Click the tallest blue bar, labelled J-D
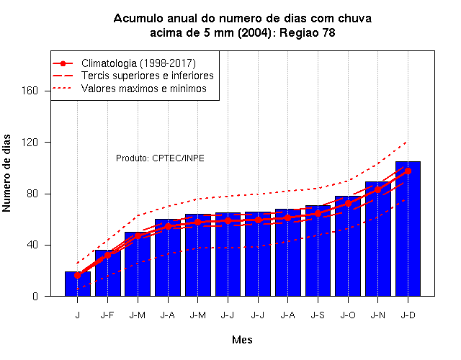click(408, 229)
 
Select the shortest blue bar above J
click(78, 284)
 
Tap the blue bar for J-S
click(318, 251)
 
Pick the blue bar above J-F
click(107, 273)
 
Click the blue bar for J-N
click(377, 238)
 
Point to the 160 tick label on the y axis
click(30, 91)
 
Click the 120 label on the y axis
click(30, 143)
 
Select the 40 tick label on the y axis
click(32, 245)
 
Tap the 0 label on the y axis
click(35, 296)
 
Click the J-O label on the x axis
click(348, 315)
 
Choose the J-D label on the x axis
click(408, 315)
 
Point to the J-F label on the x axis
click(107, 315)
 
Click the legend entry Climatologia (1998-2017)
click(138, 63)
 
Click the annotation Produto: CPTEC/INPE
click(160, 158)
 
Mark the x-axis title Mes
click(242, 340)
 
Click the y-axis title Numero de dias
click(6, 173)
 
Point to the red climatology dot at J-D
click(408, 171)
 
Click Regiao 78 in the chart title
click(308, 32)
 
